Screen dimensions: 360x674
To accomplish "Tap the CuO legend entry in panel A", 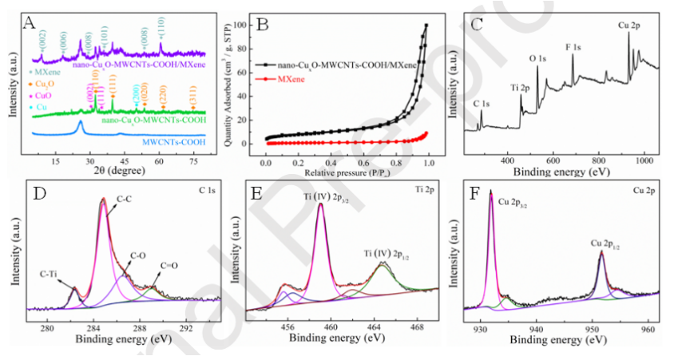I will coord(46,95).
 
